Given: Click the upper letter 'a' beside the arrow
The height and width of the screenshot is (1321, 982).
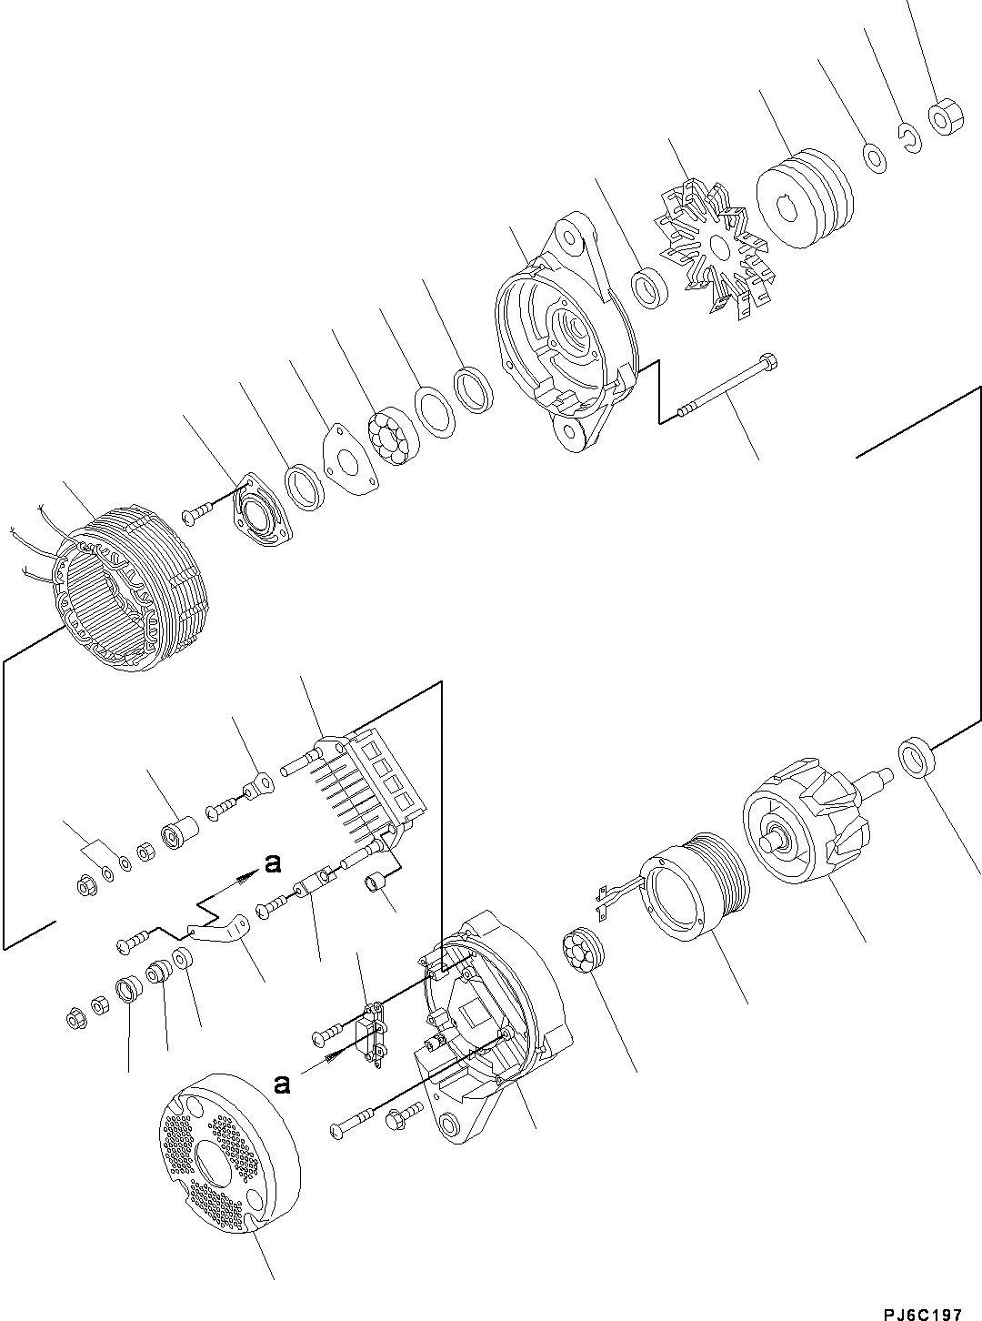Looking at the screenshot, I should coord(271,863).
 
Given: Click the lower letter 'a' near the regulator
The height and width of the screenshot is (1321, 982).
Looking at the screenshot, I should coord(284,1083).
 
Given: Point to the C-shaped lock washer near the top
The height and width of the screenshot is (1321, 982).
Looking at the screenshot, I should coord(910,137).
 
